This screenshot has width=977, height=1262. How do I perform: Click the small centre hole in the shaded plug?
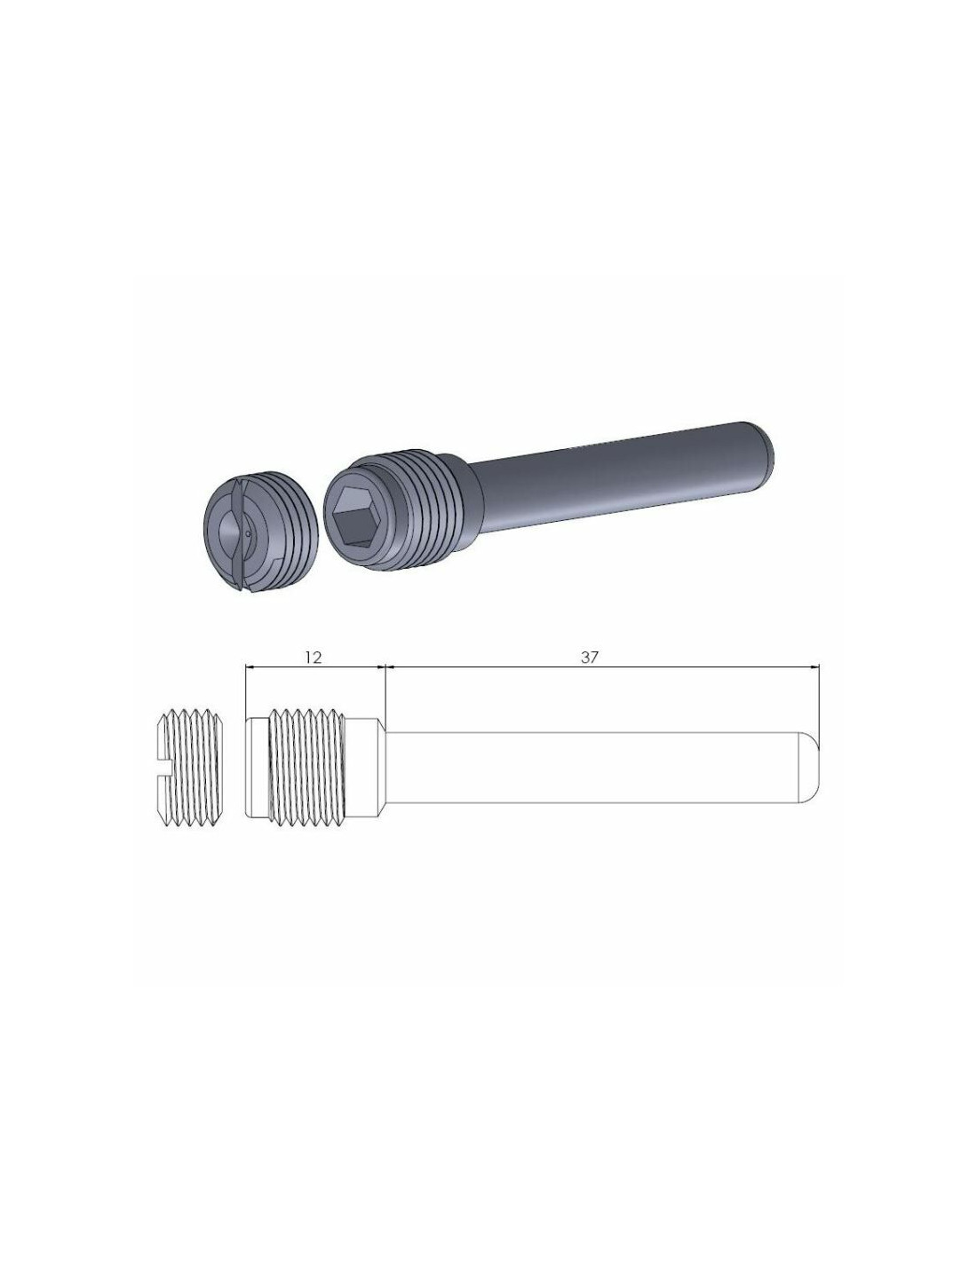(248, 533)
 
